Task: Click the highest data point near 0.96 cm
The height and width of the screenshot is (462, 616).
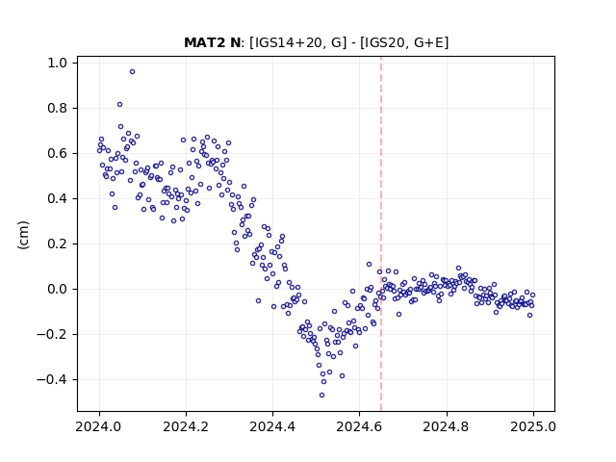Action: [133, 72]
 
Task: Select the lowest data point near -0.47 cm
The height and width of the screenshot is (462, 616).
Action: [322, 396]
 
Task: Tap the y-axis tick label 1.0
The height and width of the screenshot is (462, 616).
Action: [58, 63]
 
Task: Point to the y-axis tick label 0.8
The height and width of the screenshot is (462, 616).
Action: [58, 108]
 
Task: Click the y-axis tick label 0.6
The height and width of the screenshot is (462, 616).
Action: [58, 153]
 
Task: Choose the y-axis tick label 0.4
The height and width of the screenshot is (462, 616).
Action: [58, 199]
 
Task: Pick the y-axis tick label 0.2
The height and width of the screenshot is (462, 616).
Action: [58, 244]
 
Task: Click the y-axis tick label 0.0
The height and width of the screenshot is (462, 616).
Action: [58, 289]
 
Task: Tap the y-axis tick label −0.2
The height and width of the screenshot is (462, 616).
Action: [52, 334]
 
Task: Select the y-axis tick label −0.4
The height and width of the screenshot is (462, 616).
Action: [52, 380]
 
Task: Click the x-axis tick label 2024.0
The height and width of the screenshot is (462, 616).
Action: [99, 426]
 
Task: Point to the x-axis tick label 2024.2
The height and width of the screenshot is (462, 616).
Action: [186, 426]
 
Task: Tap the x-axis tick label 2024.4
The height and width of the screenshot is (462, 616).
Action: [273, 426]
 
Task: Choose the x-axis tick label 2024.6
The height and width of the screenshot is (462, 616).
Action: [359, 426]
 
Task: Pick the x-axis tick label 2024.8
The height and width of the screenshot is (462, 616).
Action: [447, 426]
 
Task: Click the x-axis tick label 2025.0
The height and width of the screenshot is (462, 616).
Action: [533, 426]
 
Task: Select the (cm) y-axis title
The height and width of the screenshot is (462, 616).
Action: [23, 235]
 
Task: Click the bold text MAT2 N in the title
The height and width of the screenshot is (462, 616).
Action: [212, 42]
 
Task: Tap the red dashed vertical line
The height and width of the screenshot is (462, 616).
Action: [381, 234]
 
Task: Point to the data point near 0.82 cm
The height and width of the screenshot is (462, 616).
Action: [119, 105]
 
